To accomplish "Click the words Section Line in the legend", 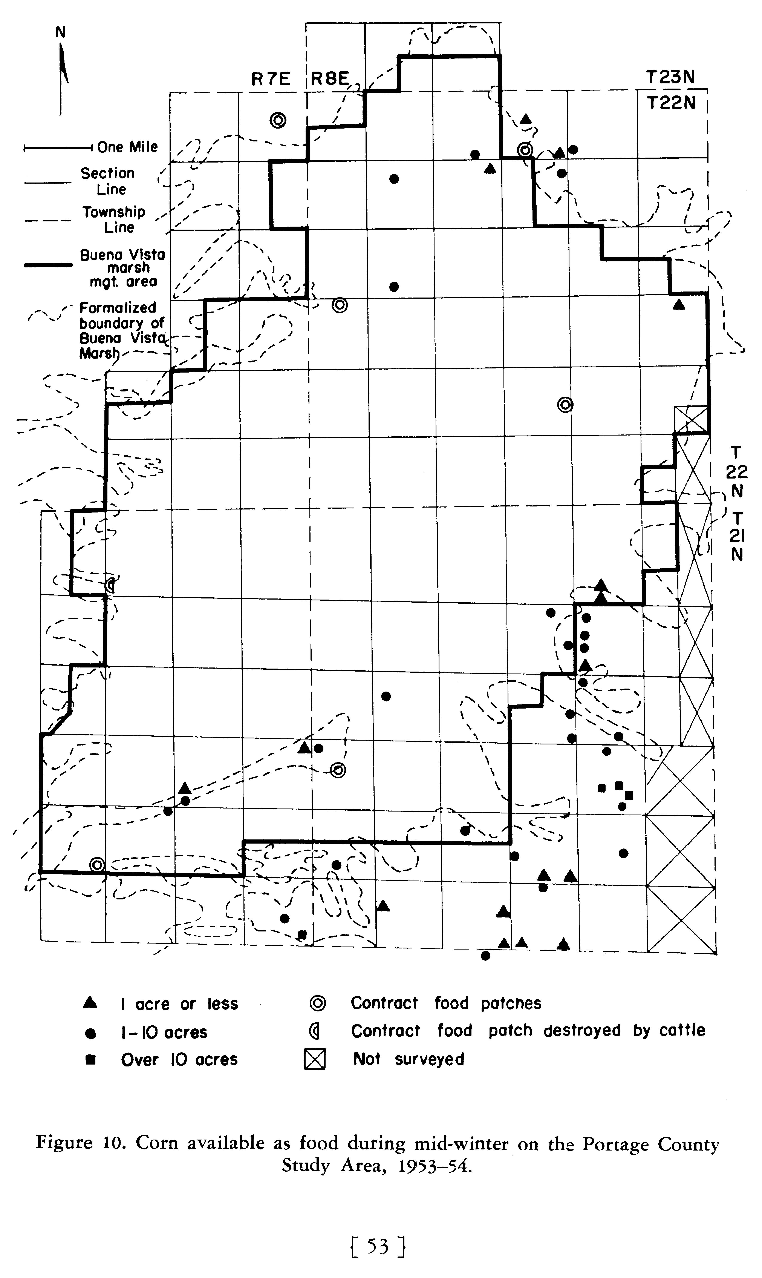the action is (108, 181).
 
